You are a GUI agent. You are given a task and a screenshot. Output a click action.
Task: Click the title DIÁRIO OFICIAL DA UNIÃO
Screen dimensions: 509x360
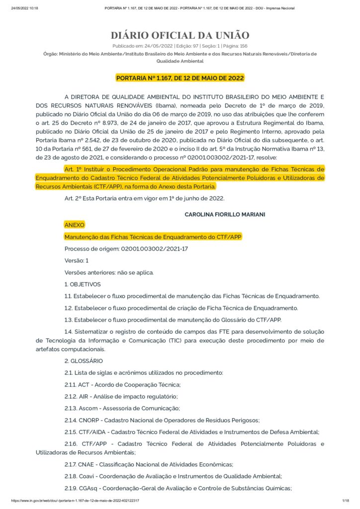180,35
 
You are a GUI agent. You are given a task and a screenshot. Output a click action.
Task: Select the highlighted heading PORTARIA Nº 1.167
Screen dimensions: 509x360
180,78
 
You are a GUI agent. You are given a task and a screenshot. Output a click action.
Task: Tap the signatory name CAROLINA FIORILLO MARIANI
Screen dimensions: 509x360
225,214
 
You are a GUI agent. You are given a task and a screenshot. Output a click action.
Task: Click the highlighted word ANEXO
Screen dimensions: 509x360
75,225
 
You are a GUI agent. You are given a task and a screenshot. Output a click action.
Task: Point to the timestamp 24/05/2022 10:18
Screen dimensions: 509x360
24,8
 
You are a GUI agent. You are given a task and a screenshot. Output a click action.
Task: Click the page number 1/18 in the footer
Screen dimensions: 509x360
346,500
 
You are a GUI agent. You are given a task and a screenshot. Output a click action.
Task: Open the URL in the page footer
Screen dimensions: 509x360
75,500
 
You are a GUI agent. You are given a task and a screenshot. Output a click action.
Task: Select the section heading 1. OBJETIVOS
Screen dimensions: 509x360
83,284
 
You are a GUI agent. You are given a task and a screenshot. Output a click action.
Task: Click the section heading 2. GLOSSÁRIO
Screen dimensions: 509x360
84,360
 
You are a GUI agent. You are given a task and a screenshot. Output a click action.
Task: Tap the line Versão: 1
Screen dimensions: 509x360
77,260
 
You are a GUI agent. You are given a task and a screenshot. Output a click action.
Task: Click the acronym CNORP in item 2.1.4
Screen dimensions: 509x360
89,420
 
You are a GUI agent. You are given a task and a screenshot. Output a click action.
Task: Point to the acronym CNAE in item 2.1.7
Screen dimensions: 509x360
87,464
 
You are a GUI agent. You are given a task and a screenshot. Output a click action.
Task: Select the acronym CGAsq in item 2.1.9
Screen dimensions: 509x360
88,488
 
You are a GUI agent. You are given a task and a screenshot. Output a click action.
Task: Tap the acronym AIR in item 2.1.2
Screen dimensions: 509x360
84,396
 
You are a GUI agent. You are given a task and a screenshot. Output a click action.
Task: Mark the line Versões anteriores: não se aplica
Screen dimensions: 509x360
109,272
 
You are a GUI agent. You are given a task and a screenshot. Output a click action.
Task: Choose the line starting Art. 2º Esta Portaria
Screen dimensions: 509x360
144,198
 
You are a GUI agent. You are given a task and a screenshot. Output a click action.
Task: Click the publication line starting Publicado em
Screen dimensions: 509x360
180,46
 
